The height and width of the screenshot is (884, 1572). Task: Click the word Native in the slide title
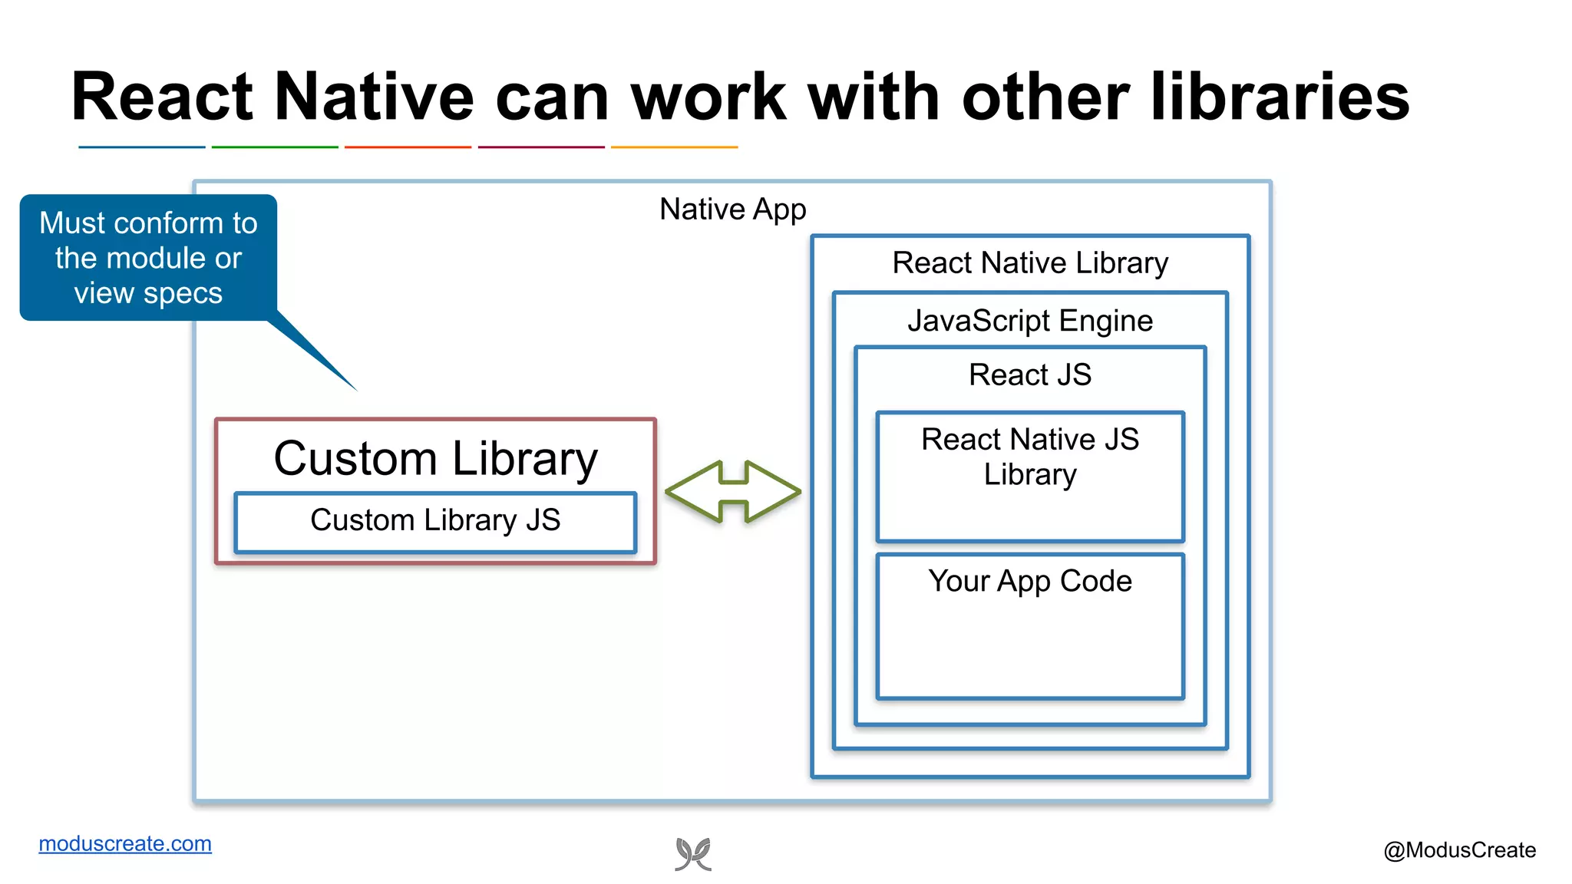pyautogui.click(x=374, y=97)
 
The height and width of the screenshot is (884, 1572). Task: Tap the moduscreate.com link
pyautogui.click(x=125, y=843)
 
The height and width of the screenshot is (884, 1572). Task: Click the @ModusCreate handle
pyautogui.click(x=1459, y=850)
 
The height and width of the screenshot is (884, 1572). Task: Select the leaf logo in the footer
pyautogui.click(x=693, y=854)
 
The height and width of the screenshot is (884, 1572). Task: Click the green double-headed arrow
pyautogui.click(x=733, y=492)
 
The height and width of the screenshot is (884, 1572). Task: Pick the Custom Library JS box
pyautogui.click(x=435, y=522)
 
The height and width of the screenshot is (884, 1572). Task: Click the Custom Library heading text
pyautogui.click(x=435, y=458)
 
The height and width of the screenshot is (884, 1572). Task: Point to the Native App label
pyautogui.click(x=732, y=209)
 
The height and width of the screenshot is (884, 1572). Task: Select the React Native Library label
pyautogui.click(x=1029, y=263)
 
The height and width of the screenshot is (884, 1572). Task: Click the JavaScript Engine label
pyautogui.click(x=1029, y=321)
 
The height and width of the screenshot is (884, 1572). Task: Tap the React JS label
pyautogui.click(x=1029, y=375)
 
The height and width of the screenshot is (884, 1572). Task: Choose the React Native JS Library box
pyautogui.click(x=1029, y=476)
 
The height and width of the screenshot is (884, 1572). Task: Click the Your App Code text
pyautogui.click(x=1029, y=581)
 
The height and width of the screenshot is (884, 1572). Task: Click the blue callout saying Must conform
pyautogui.click(x=148, y=258)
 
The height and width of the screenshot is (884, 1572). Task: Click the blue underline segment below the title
pyautogui.click(x=141, y=147)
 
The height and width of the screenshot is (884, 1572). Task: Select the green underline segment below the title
pyautogui.click(x=275, y=147)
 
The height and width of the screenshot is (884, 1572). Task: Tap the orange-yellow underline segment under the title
pyautogui.click(x=674, y=147)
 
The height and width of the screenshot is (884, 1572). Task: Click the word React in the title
pyautogui.click(x=162, y=97)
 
